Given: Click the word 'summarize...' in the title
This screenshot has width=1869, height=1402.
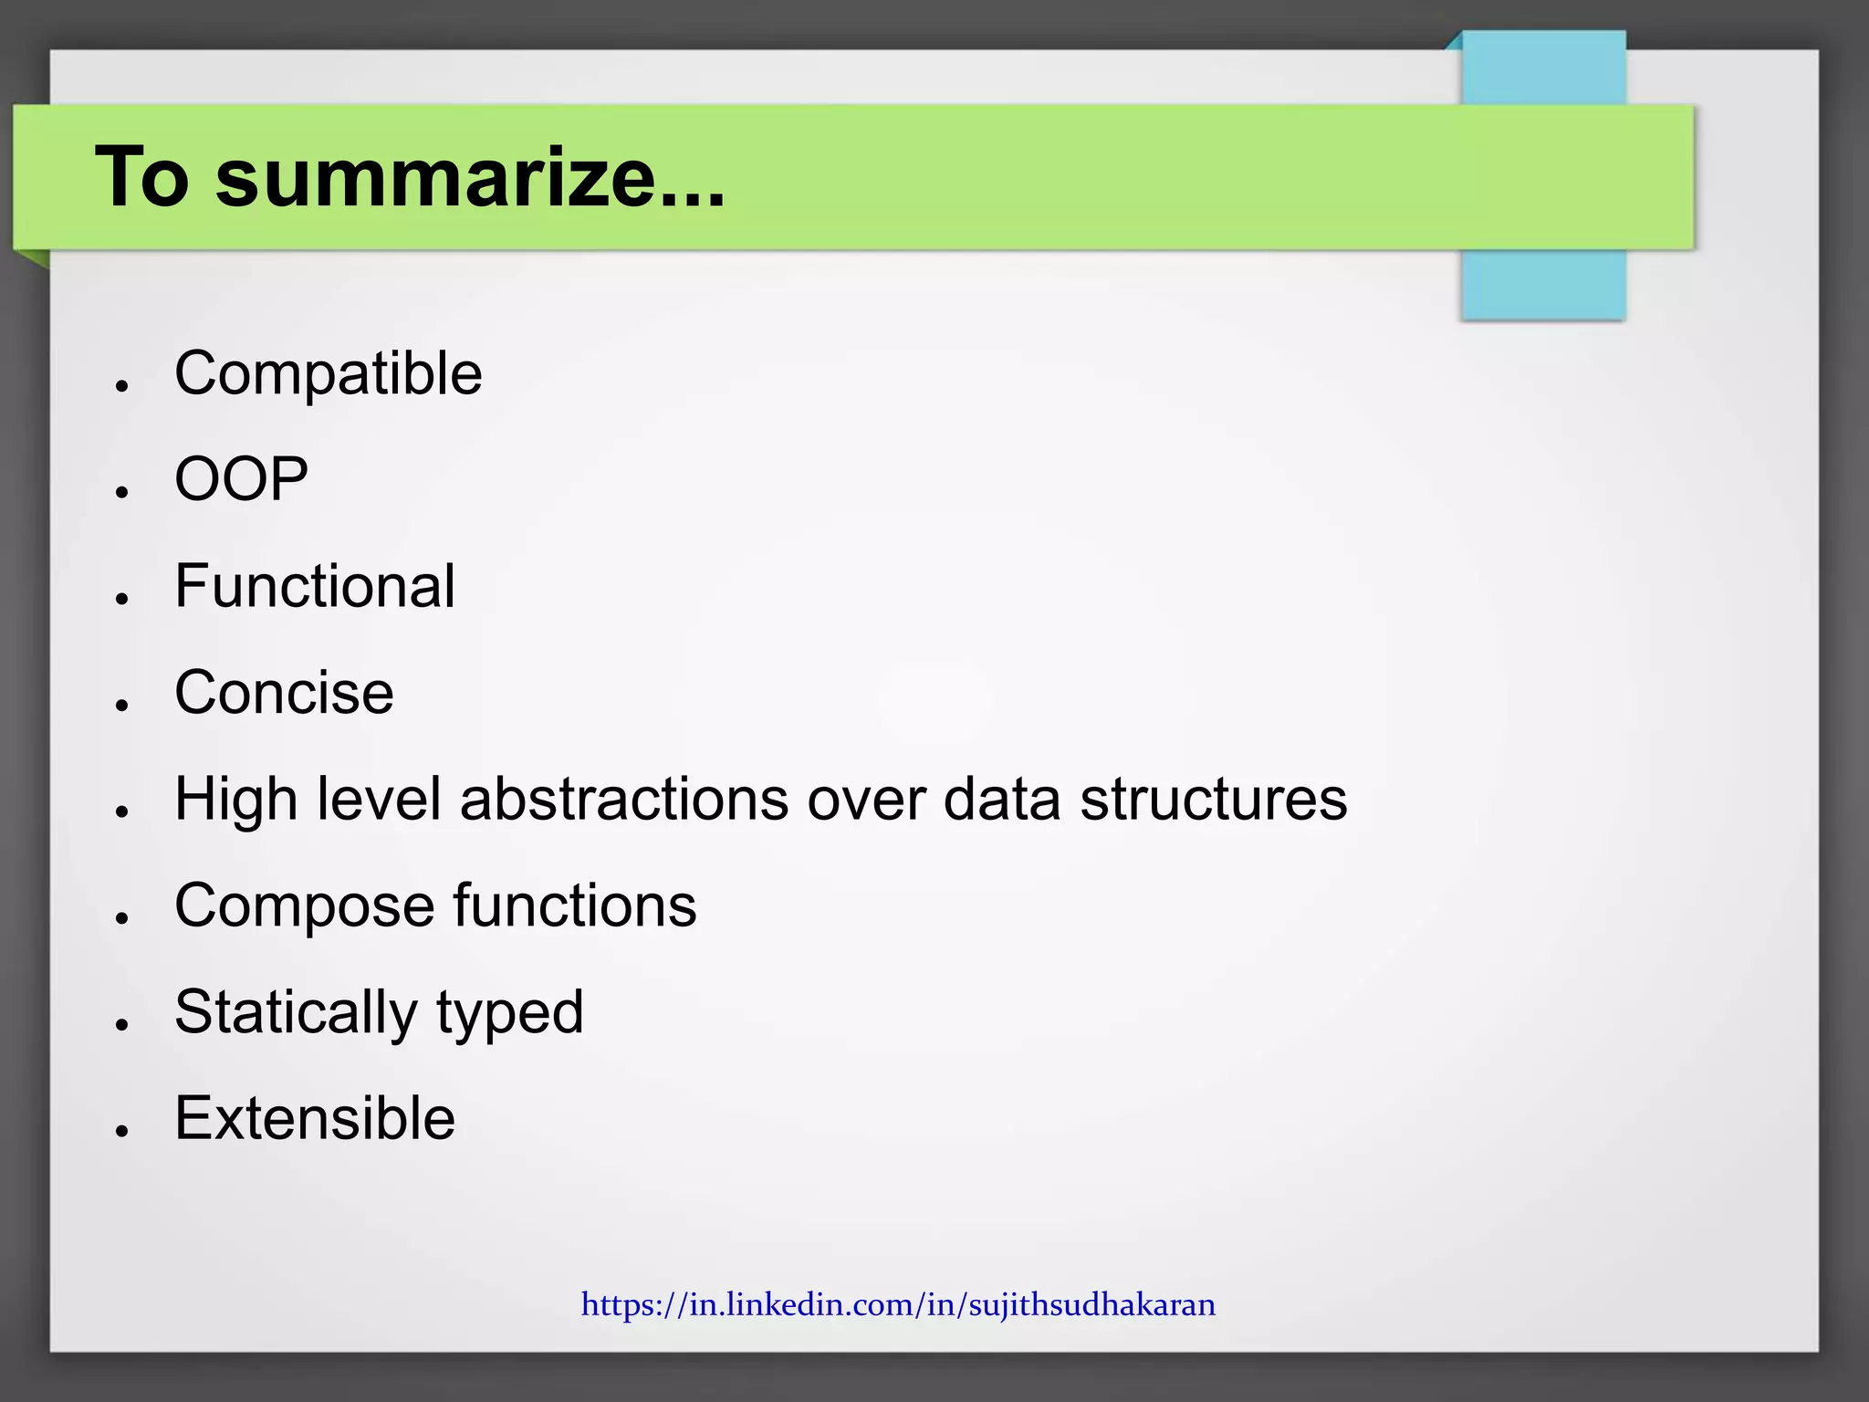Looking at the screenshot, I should [470, 178].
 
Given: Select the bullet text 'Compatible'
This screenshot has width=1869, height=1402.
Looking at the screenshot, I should [328, 373].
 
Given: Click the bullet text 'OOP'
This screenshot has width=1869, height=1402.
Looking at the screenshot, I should [241, 479].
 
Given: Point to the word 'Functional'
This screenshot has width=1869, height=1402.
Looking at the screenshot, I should [314, 586].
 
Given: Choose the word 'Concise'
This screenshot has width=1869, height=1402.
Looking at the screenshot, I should [284, 692].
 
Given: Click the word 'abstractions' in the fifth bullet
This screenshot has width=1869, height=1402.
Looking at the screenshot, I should [623, 799].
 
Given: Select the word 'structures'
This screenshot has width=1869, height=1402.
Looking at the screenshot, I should [1213, 799].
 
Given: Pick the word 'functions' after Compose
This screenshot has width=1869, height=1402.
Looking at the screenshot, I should [575, 905].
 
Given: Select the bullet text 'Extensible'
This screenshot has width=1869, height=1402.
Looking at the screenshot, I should [314, 1118].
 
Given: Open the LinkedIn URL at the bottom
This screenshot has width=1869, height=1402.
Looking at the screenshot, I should [898, 1304].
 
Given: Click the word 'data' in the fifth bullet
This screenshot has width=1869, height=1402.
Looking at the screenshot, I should [1001, 799].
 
